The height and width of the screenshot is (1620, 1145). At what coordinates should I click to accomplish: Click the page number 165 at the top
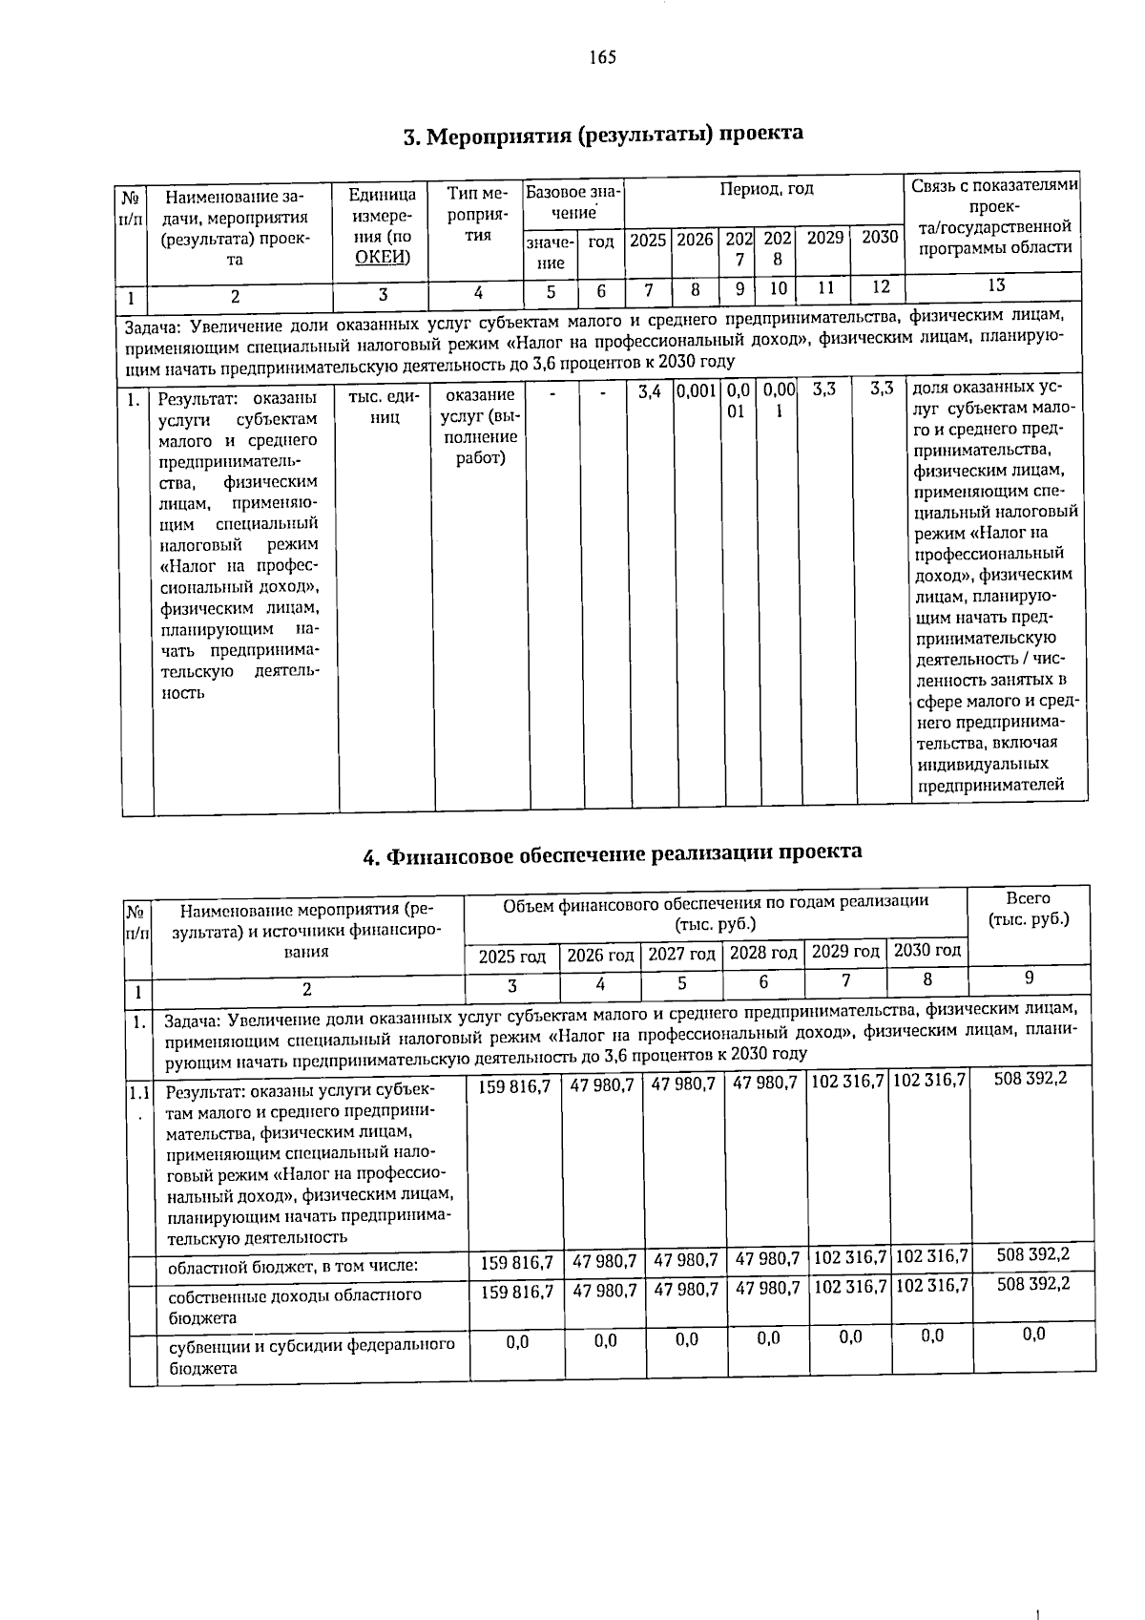point(602,57)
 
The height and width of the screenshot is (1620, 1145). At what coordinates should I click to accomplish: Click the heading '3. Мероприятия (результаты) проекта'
point(602,135)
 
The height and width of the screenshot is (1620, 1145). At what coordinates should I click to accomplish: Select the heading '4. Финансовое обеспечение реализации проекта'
point(613,852)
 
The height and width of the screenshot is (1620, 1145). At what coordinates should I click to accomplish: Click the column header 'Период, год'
point(766,189)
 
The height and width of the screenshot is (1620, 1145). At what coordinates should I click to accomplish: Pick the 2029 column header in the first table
point(824,238)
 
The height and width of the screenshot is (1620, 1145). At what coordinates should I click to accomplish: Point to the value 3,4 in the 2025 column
point(649,391)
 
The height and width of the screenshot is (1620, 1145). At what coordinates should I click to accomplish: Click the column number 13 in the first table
point(995,285)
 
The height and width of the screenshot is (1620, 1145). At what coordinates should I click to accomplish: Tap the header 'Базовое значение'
point(572,201)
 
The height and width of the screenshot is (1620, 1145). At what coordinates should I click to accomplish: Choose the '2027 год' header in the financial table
point(682,955)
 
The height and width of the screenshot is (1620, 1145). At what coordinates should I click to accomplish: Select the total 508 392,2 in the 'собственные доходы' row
point(1032,1285)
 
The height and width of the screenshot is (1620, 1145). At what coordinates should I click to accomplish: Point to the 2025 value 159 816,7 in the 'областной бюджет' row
point(517,1262)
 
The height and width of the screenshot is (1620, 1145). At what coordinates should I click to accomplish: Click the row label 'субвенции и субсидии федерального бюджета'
point(311,1356)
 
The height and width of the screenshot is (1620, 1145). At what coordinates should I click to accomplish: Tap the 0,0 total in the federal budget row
point(1032,1335)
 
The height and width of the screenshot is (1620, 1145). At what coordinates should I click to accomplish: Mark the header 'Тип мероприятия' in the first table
point(476,215)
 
